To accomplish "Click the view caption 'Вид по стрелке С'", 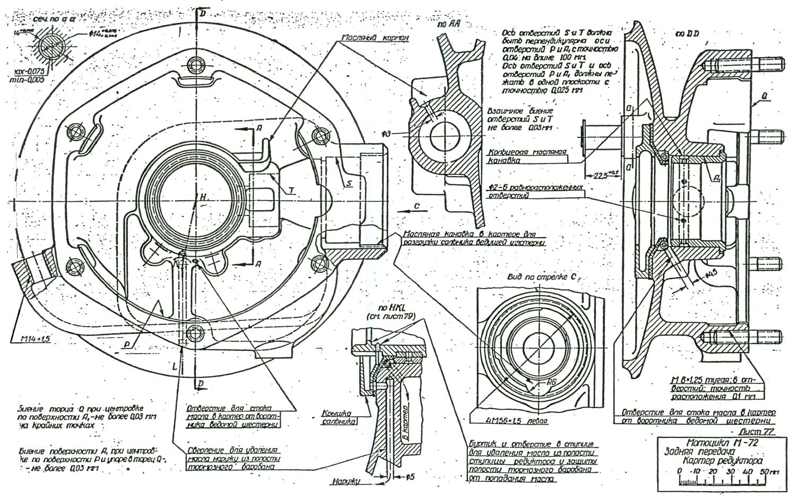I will coord(538,277).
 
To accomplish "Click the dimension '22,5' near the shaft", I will coord(601,176).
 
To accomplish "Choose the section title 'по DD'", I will coord(687,33).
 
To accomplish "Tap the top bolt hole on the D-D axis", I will coord(197,66).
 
